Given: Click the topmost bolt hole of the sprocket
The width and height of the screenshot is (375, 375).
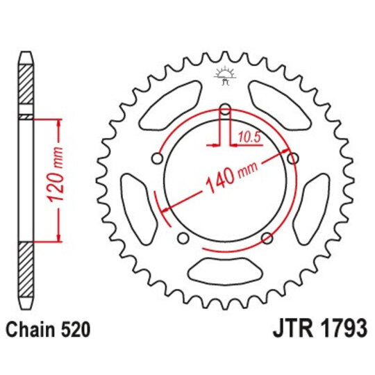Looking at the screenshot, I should pyautogui.click(x=224, y=109).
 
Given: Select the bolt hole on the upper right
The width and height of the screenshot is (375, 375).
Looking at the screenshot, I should pyautogui.click(x=293, y=159).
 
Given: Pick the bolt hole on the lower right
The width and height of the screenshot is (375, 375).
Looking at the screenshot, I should pyautogui.click(x=267, y=240).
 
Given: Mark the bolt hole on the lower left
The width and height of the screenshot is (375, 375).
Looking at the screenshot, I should pyautogui.click(x=183, y=240).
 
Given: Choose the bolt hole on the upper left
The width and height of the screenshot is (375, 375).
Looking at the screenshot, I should pyautogui.click(x=157, y=159).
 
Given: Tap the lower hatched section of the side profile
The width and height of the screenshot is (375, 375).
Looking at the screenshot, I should pyautogui.click(x=26, y=274).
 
